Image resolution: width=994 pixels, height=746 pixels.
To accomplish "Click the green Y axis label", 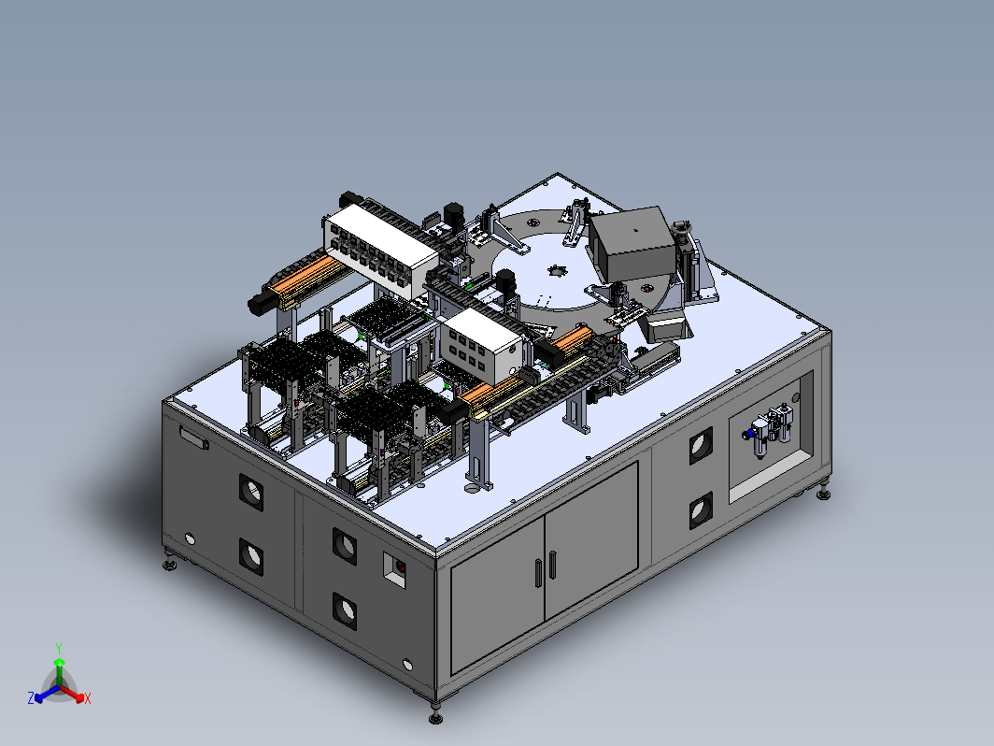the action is click(58, 649).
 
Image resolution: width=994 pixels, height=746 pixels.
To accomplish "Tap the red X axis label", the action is click(88, 698).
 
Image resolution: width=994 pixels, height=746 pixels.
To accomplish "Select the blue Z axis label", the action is click(31, 698).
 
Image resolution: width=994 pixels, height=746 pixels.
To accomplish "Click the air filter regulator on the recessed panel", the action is click(770, 428).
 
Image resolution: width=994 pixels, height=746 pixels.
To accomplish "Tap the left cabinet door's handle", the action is click(538, 572).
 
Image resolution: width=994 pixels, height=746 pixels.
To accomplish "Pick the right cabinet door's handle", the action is click(553, 565).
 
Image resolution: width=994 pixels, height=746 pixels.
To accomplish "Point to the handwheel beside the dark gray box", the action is click(683, 227).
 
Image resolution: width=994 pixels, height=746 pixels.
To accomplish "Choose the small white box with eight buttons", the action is click(482, 347).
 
